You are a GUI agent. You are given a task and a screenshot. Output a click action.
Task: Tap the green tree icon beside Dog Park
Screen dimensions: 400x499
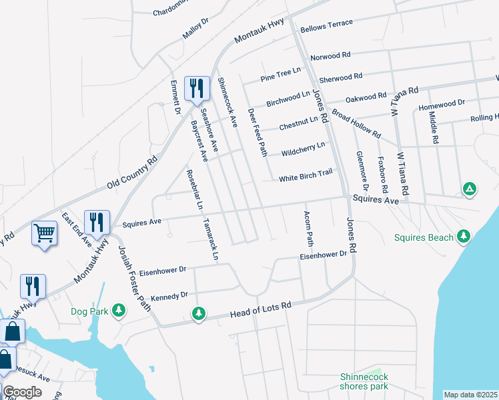pyautogui.click(x=118, y=310)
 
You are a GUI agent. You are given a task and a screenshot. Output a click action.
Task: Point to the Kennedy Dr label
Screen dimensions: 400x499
pyautogui.click(x=170, y=296)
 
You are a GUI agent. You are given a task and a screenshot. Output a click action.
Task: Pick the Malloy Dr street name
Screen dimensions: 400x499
pyautogui.click(x=195, y=29)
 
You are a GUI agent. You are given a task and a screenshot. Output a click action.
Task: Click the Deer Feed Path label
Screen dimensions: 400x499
pyautogui.click(x=258, y=132)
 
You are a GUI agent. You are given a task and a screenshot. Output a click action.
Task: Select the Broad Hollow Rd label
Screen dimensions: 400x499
pyautogui.click(x=356, y=124)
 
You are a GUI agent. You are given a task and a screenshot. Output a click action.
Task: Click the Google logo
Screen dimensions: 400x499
pyautogui.click(x=22, y=392)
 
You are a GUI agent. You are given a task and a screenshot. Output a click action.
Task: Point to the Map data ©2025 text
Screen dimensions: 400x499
pyautogui.click(x=470, y=395)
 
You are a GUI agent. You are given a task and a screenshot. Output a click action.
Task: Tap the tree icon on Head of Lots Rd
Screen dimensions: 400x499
pyautogui.click(x=198, y=312)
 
